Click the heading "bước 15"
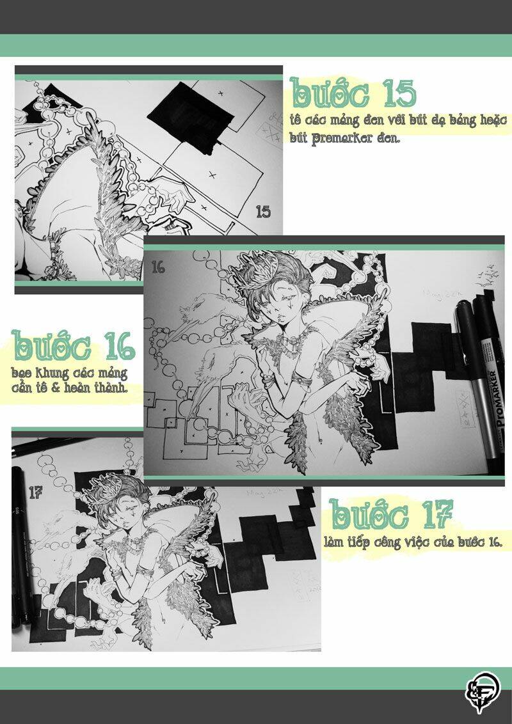353,93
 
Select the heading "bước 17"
392,513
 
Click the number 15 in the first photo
263,212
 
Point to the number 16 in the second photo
158,267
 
